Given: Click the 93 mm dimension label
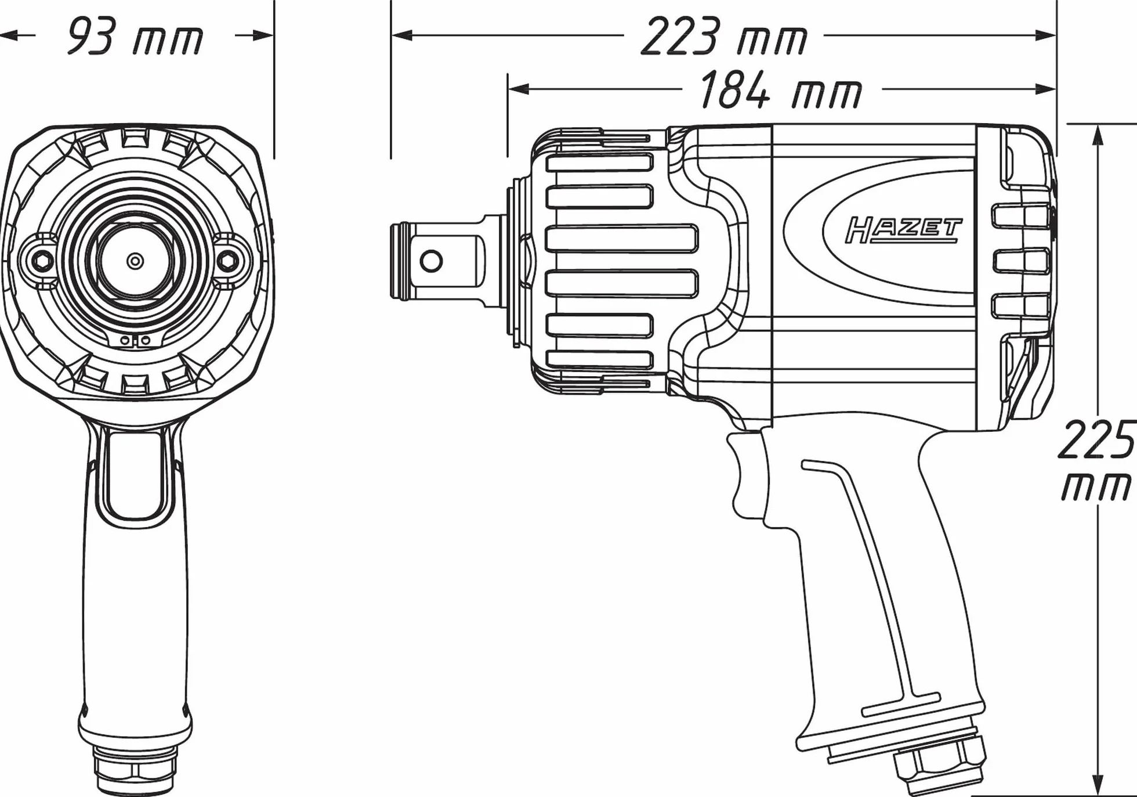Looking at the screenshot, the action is pyautogui.click(x=135, y=36).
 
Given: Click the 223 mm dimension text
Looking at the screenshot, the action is pyautogui.click(x=724, y=36).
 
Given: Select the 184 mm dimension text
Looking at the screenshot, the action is pyautogui.click(x=781, y=90).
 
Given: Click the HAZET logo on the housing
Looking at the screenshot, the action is pyautogui.click(x=904, y=230).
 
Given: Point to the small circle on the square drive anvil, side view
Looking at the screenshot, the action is pyautogui.click(x=430, y=261).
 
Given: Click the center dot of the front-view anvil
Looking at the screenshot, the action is pyautogui.click(x=135, y=261).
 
